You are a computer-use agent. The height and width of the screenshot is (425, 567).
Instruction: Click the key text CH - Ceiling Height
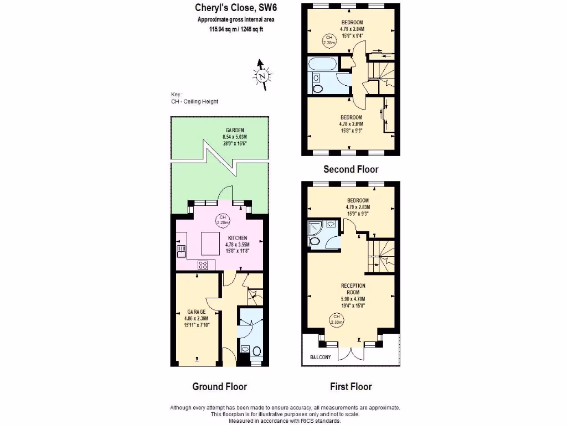click(195, 102)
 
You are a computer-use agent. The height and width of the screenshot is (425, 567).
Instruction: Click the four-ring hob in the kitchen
click(203, 265)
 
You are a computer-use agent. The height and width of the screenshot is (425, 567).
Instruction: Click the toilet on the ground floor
click(256, 350)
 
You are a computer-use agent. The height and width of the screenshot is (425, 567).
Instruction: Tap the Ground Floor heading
click(219, 387)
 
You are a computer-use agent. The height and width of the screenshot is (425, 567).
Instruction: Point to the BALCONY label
click(319, 357)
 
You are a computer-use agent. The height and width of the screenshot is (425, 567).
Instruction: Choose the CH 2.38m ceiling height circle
click(329, 39)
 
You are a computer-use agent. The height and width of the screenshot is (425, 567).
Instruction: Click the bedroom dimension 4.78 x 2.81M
click(351, 124)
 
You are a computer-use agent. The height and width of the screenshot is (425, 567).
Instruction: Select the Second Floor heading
click(351, 169)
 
